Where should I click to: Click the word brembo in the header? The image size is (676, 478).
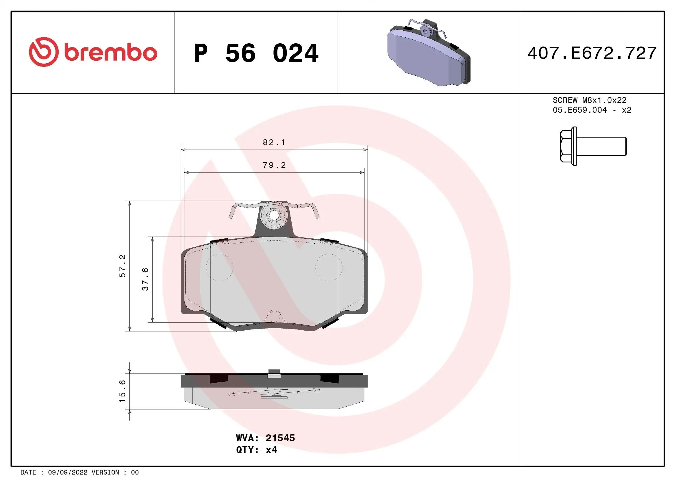pyautogui.click(x=110, y=53)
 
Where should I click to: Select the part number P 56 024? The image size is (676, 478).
pyautogui.click(x=256, y=53)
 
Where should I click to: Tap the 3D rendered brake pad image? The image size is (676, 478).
pyautogui.click(x=428, y=54)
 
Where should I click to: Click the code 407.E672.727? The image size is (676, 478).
pyautogui.click(x=592, y=53)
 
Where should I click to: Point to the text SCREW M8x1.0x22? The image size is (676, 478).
pyautogui.click(x=589, y=100)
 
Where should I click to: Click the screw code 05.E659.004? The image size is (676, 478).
pyautogui.click(x=579, y=110)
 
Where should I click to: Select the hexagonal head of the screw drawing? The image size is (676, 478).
pyautogui.click(x=566, y=146)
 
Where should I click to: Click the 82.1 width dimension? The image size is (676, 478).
pyautogui.click(x=274, y=142)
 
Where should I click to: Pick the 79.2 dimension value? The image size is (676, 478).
pyautogui.click(x=274, y=165)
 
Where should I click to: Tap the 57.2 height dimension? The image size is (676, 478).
pyautogui.click(x=123, y=266)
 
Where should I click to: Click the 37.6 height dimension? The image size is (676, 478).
pyautogui.click(x=145, y=279)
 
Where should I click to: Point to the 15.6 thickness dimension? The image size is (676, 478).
pyautogui.click(x=123, y=391)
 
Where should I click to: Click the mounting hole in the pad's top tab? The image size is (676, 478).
pyautogui.click(x=274, y=216)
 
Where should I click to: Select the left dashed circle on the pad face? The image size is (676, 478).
pyautogui.click(x=219, y=267)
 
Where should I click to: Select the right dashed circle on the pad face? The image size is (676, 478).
pyautogui.click(x=329, y=267)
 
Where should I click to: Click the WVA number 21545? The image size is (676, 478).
pyautogui.click(x=280, y=438)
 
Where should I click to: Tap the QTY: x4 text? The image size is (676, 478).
pyautogui.click(x=256, y=450)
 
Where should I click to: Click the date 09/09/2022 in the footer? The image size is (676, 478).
pyautogui.click(x=67, y=473)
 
